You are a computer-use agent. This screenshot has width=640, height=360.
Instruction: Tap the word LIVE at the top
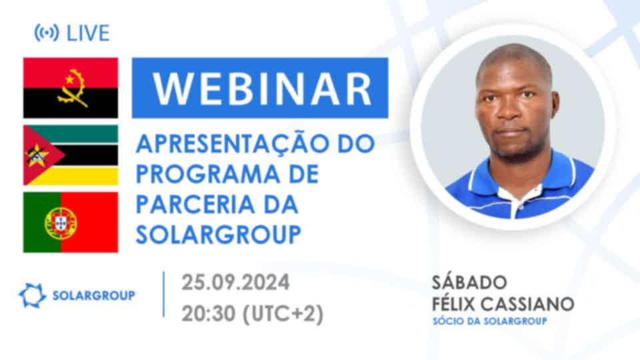click(88, 33)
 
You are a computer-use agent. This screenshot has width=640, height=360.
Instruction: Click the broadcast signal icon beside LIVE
click(47, 33)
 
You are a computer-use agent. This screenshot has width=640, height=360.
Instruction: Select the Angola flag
click(71, 88)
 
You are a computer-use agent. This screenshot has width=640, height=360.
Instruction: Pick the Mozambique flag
click(71, 155)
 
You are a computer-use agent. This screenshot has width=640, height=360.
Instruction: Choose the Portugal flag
click(71, 223)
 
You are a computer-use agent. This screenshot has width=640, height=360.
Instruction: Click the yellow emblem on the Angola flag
click(72, 88)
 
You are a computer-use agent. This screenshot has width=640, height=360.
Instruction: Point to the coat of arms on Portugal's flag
click(61, 223)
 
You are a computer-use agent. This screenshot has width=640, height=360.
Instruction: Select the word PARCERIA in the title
click(195, 204)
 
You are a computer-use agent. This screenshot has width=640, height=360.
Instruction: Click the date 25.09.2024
click(235, 282)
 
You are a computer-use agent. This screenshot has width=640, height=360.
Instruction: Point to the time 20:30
click(209, 313)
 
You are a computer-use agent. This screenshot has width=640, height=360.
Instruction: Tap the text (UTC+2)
click(283, 314)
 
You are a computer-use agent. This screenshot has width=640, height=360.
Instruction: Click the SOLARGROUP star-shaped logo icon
click(32, 295)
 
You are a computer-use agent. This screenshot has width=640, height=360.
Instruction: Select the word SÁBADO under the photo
click(469, 282)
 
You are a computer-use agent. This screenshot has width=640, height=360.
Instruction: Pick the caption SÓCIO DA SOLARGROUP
click(490, 321)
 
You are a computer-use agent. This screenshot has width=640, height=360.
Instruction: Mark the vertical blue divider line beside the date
click(164, 294)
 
